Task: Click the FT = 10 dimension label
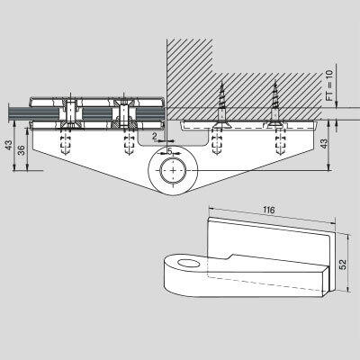[329, 85]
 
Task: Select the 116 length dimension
[269, 210]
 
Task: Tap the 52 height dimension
[342, 264]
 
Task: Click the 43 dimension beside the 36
[9, 145]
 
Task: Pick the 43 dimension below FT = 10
[323, 145]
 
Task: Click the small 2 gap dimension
[154, 137]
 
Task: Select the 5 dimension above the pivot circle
[170, 152]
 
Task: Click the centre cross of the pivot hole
[173, 170]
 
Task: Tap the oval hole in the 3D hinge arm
[189, 264]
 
